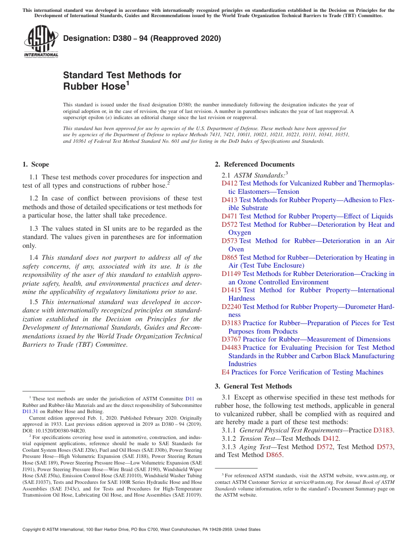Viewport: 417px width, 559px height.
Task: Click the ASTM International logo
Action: (41, 42)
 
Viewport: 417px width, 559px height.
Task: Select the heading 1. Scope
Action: (36, 164)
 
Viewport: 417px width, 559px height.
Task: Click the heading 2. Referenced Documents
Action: (255, 164)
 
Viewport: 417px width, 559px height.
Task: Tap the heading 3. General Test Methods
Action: (253, 386)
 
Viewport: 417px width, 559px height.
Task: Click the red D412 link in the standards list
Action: (229, 183)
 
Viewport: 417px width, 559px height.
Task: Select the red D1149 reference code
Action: (231, 274)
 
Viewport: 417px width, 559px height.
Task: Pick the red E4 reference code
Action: (225, 372)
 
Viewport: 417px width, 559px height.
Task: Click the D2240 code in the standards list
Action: (231, 307)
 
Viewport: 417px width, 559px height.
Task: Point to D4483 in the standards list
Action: (231, 348)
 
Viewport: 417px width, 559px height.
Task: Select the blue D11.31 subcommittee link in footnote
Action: (30, 412)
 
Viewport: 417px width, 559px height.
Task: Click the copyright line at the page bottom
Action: (141, 530)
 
